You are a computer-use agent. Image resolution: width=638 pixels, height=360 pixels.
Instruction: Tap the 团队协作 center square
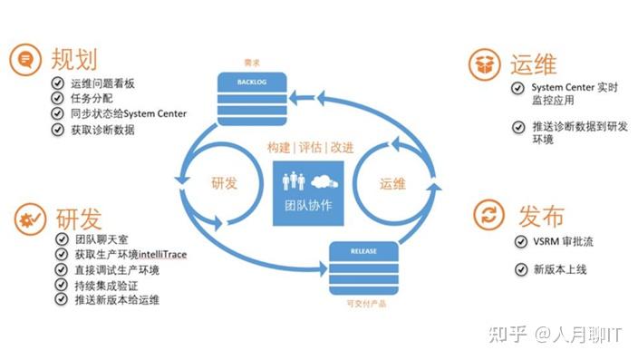click(308, 190)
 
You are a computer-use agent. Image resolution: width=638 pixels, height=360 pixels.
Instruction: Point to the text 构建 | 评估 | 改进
click(310, 148)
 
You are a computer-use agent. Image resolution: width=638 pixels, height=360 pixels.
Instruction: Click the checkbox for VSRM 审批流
click(520, 242)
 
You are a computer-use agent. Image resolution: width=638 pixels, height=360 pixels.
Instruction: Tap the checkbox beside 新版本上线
click(520, 268)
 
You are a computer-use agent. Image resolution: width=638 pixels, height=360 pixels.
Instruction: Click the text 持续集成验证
click(105, 285)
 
